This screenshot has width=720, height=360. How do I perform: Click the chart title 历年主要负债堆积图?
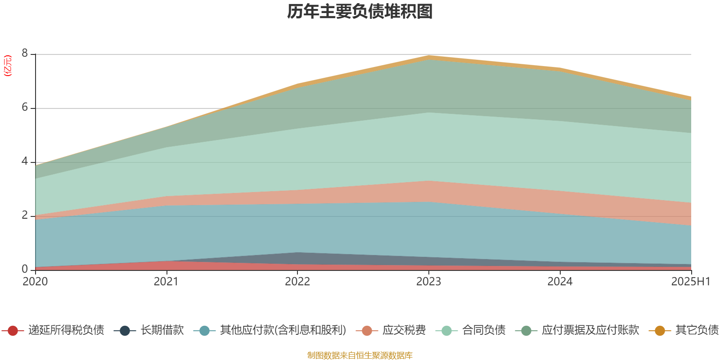click(x=360, y=12)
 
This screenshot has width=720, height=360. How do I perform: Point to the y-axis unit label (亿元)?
click(x=8, y=66)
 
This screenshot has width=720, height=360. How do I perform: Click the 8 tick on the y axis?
click(x=25, y=54)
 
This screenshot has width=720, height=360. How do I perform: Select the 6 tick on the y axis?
click(x=25, y=108)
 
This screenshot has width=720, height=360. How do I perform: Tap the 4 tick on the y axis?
click(x=25, y=162)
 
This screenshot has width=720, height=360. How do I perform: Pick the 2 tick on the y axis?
click(x=25, y=216)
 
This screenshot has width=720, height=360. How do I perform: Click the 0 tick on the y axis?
click(x=25, y=269)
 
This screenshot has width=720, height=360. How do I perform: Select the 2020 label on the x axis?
click(x=35, y=282)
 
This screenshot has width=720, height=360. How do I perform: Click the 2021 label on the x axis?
click(x=166, y=282)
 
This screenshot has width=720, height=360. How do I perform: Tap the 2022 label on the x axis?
click(x=297, y=282)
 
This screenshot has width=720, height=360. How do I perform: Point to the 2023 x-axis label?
click(x=428, y=282)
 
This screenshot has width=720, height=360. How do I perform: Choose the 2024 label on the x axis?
click(x=560, y=282)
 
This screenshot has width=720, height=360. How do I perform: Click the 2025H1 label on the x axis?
click(x=690, y=282)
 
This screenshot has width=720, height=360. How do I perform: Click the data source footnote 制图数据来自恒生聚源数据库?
click(x=360, y=355)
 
